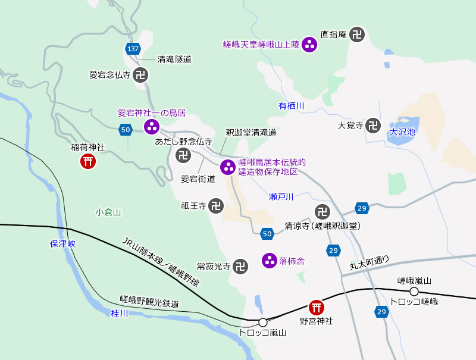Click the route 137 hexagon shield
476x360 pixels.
click(133, 48)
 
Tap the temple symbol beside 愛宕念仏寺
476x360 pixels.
click(140, 75)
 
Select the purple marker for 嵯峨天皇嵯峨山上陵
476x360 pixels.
click(309, 45)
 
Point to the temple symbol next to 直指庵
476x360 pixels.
click(357, 35)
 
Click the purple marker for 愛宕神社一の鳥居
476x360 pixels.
click(152, 126)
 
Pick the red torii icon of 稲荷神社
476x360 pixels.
click(89, 161)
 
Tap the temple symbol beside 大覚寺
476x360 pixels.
click(373, 125)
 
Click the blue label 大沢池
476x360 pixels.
click(402, 133)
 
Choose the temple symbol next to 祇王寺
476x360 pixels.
click(217, 206)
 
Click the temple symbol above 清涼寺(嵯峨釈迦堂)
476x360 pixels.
click(322, 211)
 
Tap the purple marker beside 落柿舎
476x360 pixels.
click(270, 261)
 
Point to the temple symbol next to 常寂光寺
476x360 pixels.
click(240, 266)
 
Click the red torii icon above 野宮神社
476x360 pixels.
click(317, 307)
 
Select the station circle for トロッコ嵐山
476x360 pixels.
click(263, 322)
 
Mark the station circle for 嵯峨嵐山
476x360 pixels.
click(414, 292)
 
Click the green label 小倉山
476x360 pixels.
click(108, 212)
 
